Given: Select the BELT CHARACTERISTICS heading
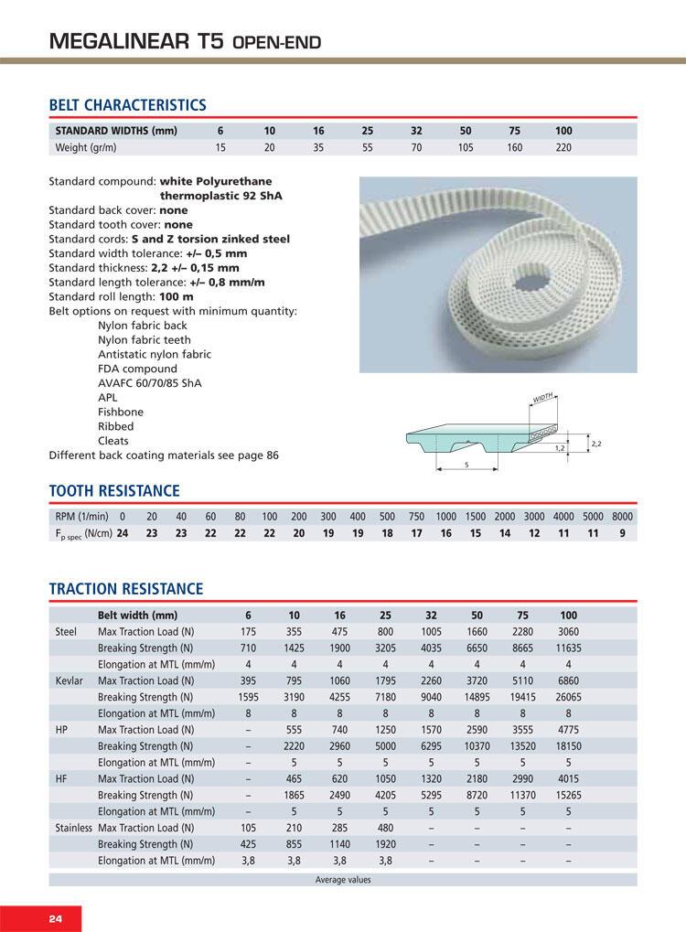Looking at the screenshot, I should (127, 105).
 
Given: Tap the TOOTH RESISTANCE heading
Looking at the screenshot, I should (113, 491).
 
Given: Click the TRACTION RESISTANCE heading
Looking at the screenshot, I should (125, 588).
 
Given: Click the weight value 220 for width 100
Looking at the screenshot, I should (563, 146).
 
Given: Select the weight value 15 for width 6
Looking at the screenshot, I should (220, 146).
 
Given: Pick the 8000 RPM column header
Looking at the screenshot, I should (622, 517).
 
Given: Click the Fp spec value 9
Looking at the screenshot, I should (622, 533).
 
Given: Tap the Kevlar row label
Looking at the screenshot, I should (70, 680).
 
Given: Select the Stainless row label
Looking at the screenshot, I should (74, 828).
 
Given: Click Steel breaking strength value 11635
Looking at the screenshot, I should (567, 648).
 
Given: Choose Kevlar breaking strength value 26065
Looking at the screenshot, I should (567, 697).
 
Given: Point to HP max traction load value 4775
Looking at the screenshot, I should (568, 730).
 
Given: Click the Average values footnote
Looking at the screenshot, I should (343, 880).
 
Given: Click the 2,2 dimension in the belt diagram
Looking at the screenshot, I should (597, 444).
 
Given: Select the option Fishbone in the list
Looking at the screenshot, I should (118, 412).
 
